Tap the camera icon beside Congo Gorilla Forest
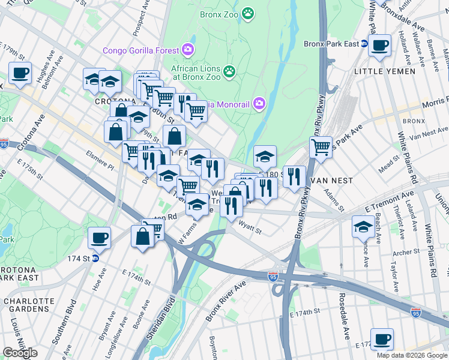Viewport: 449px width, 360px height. (x=188, y=49)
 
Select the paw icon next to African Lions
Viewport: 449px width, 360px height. (x=229, y=73)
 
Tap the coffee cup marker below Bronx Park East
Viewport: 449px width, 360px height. (x=379, y=46)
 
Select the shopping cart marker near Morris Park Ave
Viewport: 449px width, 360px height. (x=321, y=146)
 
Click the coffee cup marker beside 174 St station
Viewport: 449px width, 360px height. (x=99, y=238)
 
